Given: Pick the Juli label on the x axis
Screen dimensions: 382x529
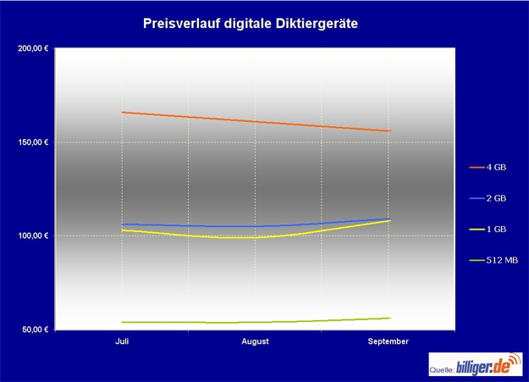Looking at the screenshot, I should (123, 341).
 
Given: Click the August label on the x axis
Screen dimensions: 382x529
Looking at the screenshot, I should (255, 341).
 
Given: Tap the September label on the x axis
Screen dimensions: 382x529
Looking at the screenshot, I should (388, 341).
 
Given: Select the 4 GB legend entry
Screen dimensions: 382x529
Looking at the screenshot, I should (495, 168).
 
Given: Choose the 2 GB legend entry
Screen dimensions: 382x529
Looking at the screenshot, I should (495, 198).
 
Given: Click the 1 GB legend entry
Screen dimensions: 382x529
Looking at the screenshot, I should (495, 230).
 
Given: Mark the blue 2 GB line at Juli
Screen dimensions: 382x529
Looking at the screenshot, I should (124, 224).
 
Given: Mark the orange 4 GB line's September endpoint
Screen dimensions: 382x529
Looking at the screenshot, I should (389, 131).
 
